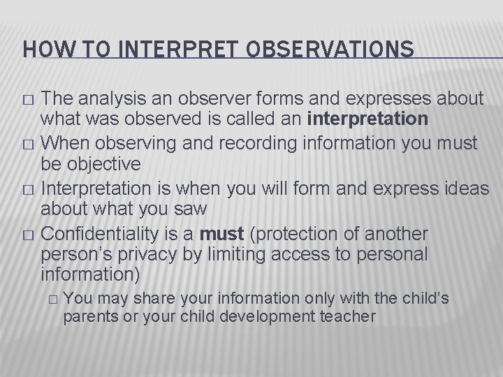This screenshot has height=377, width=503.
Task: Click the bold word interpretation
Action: pyautogui.click(x=367, y=119)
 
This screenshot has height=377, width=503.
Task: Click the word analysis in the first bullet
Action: pyautogui.click(x=104, y=97)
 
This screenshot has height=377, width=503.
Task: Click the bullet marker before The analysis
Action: pyautogui.click(x=29, y=98)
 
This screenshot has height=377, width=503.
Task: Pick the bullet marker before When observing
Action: pyautogui.click(x=29, y=144)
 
